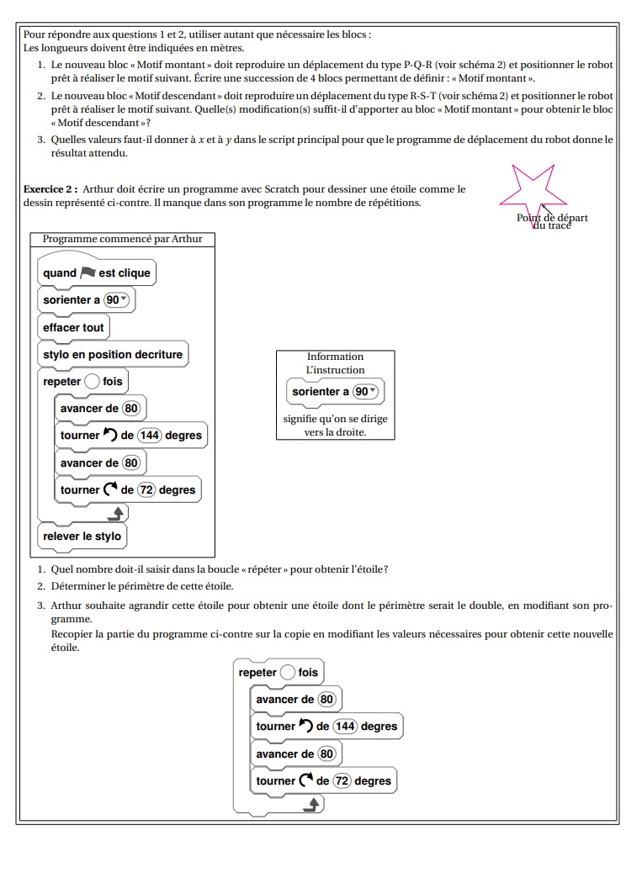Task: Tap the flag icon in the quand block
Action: pos(88,272)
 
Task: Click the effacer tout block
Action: pos(73,327)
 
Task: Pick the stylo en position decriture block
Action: pos(113,355)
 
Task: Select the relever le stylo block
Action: pos(82,537)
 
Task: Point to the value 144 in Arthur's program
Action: pos(149,436)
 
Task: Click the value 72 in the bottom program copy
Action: pos(342,781)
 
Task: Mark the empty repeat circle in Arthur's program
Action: pos(92,382)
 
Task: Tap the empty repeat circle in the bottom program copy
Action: pos(288,673)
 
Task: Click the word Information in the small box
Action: pos(335,357)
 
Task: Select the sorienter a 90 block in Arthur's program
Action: pos(87,300)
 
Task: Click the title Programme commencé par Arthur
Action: pos(122,239)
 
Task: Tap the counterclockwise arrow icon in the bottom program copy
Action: pos(306,727)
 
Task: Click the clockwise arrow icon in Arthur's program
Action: pos(110,490)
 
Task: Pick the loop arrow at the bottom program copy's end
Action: pos(312,805)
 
